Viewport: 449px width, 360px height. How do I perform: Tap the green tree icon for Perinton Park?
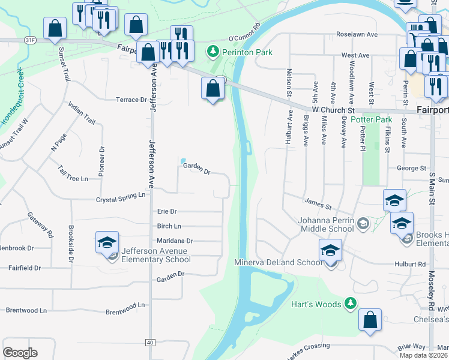pos(211,52)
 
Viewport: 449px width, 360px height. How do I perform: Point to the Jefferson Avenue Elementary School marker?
pos(107,243)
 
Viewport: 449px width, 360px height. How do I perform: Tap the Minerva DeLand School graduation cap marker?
pos(330,251)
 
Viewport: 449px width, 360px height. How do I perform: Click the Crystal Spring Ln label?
pos(121,196)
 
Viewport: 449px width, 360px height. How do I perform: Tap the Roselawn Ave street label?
pos(357,34)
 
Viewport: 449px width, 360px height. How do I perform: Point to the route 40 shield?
pos(149,342)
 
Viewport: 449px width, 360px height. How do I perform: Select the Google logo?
pos(20,352)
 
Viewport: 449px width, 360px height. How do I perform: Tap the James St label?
pos(318,204)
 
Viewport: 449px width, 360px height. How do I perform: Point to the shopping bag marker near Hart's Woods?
pos(370,320)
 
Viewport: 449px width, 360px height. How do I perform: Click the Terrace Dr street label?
pos(131,100)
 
